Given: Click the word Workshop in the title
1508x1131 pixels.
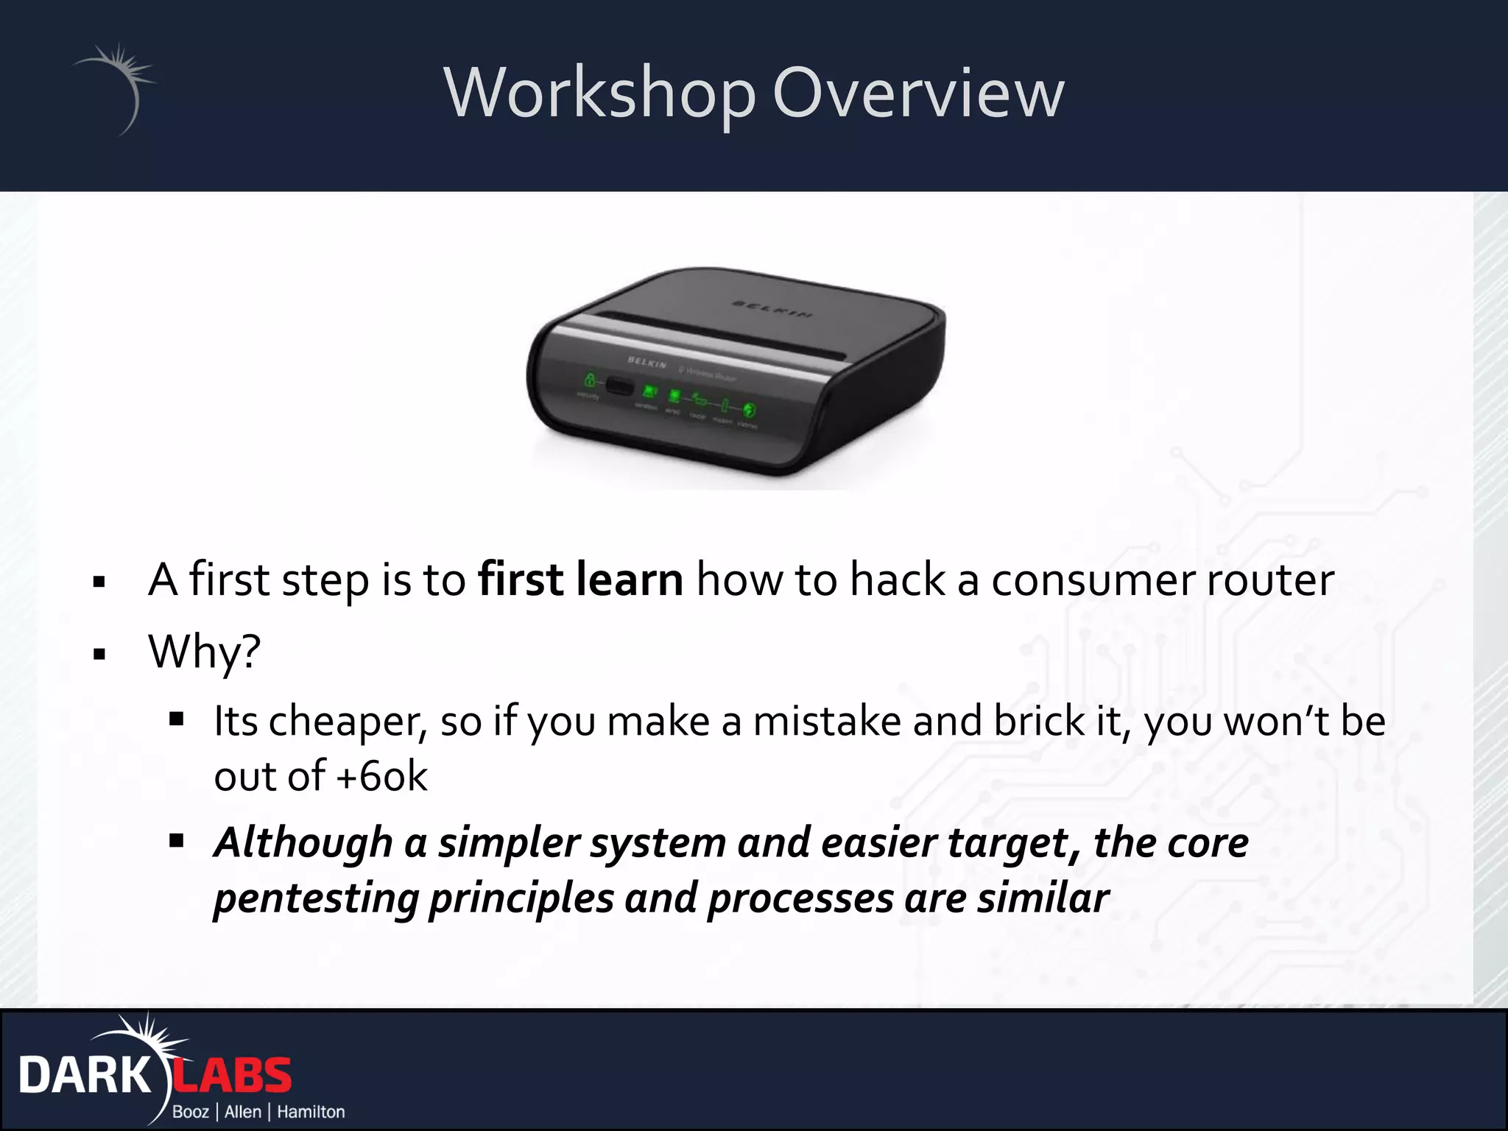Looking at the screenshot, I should [x=600, y=93].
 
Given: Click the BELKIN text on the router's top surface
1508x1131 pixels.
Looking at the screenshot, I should [x=772, y=310].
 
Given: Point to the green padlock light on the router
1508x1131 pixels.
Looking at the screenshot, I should [x=590, y=380].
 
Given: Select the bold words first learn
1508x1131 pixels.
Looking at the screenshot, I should [x=580, y=579].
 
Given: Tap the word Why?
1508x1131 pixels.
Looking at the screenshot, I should [x=204, y=651].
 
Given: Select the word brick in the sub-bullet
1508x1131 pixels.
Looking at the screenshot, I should [x=1038, y=720].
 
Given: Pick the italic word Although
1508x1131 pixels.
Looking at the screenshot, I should [x=303, y=842].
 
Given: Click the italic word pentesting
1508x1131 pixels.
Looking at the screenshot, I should [x=315, y=898].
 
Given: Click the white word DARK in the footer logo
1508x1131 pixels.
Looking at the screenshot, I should [x=85, y=1076].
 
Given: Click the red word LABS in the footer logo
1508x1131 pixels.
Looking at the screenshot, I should [x=232, y=1076].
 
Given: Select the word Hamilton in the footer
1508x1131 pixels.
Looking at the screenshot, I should [x=311, y=1111].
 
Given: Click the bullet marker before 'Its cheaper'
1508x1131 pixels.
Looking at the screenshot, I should [x=176, y=719].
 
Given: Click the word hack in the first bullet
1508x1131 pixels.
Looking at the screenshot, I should [x=896, y=579].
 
